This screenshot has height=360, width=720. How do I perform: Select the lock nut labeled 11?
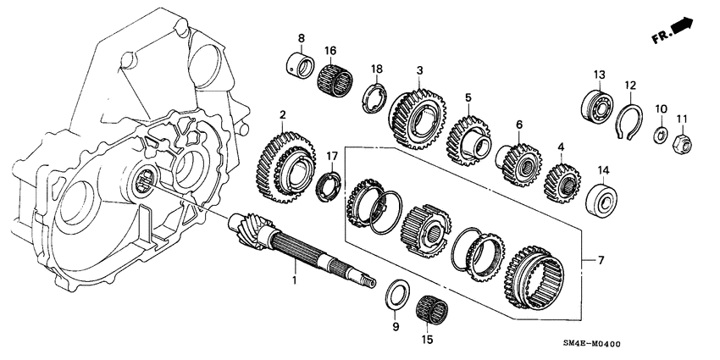[x=682, y=145]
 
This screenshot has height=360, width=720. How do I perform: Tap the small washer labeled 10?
[x=660, y=135]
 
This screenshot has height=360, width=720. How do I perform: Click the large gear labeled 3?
[x=417, y=117]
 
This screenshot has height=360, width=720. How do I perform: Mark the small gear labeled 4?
[x=562, y=180]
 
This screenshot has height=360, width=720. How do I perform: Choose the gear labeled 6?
[x=518, y=158]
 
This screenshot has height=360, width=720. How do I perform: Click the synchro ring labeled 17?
[x=330, y=185]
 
